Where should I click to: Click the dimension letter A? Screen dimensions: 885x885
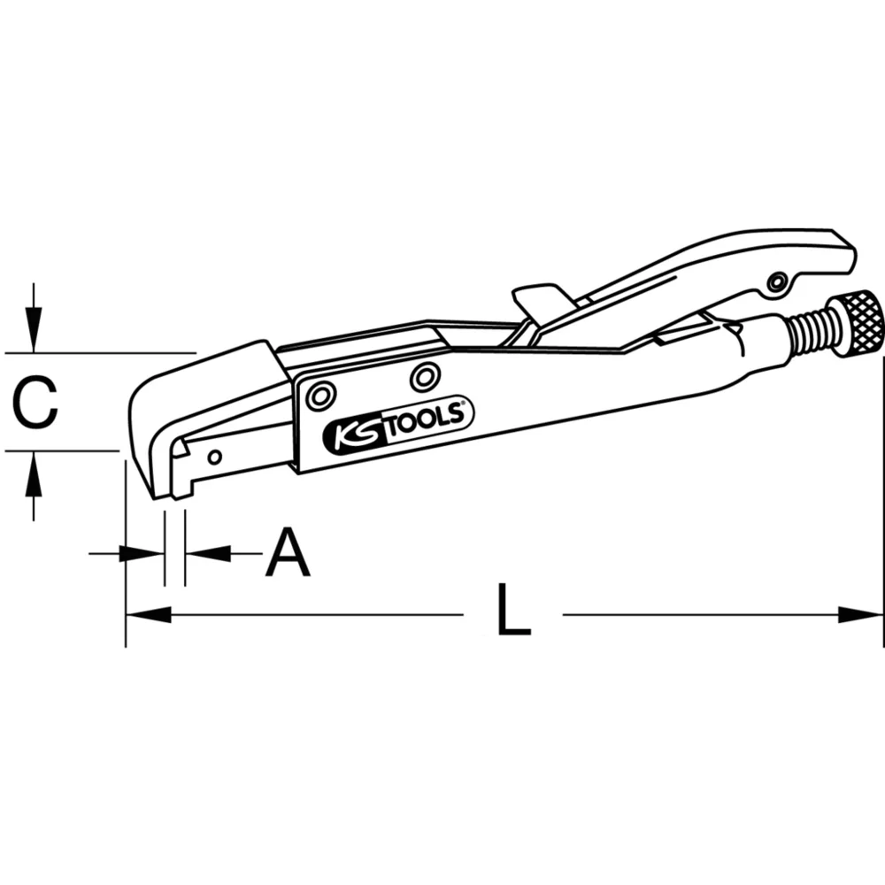288,553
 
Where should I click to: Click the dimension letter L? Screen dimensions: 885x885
512,610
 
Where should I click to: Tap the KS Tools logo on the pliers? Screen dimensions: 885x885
398,424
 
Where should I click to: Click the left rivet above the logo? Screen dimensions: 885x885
319,395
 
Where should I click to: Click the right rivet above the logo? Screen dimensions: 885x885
425,377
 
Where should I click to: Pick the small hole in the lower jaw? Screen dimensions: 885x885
214,457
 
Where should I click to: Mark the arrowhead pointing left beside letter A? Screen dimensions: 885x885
205,554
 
